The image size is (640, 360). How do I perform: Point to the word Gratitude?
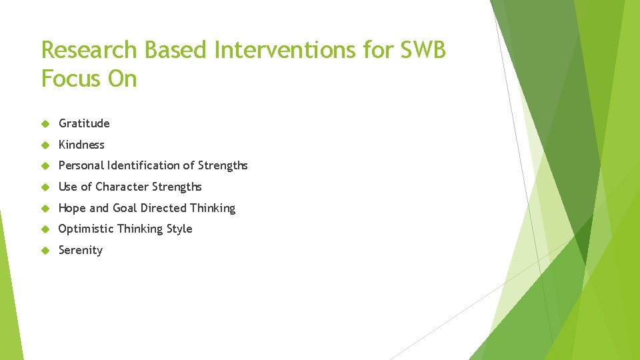click(x=84, y=123)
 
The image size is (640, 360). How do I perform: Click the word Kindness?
click(x=81, y=145)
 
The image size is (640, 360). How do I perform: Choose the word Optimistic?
click(x=86, y=229)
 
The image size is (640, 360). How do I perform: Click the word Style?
click(x=178, y=229)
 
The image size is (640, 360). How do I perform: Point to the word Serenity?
click(x=81, y=250)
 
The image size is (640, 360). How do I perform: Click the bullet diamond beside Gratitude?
click(x=45, y=123)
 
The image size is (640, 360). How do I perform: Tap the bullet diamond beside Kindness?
click(x=45, y=145)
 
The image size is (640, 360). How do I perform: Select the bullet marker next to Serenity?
click(x=45, y=251)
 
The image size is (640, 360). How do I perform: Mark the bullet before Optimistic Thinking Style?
click(x=45, y=229)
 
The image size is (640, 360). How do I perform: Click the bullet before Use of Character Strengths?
click(x=45, y=187)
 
